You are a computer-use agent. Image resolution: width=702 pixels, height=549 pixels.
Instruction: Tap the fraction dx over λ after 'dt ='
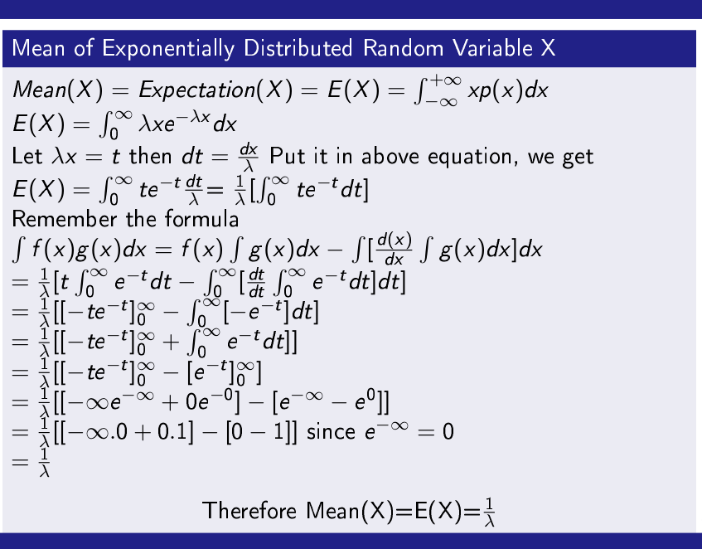click(248, 156)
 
